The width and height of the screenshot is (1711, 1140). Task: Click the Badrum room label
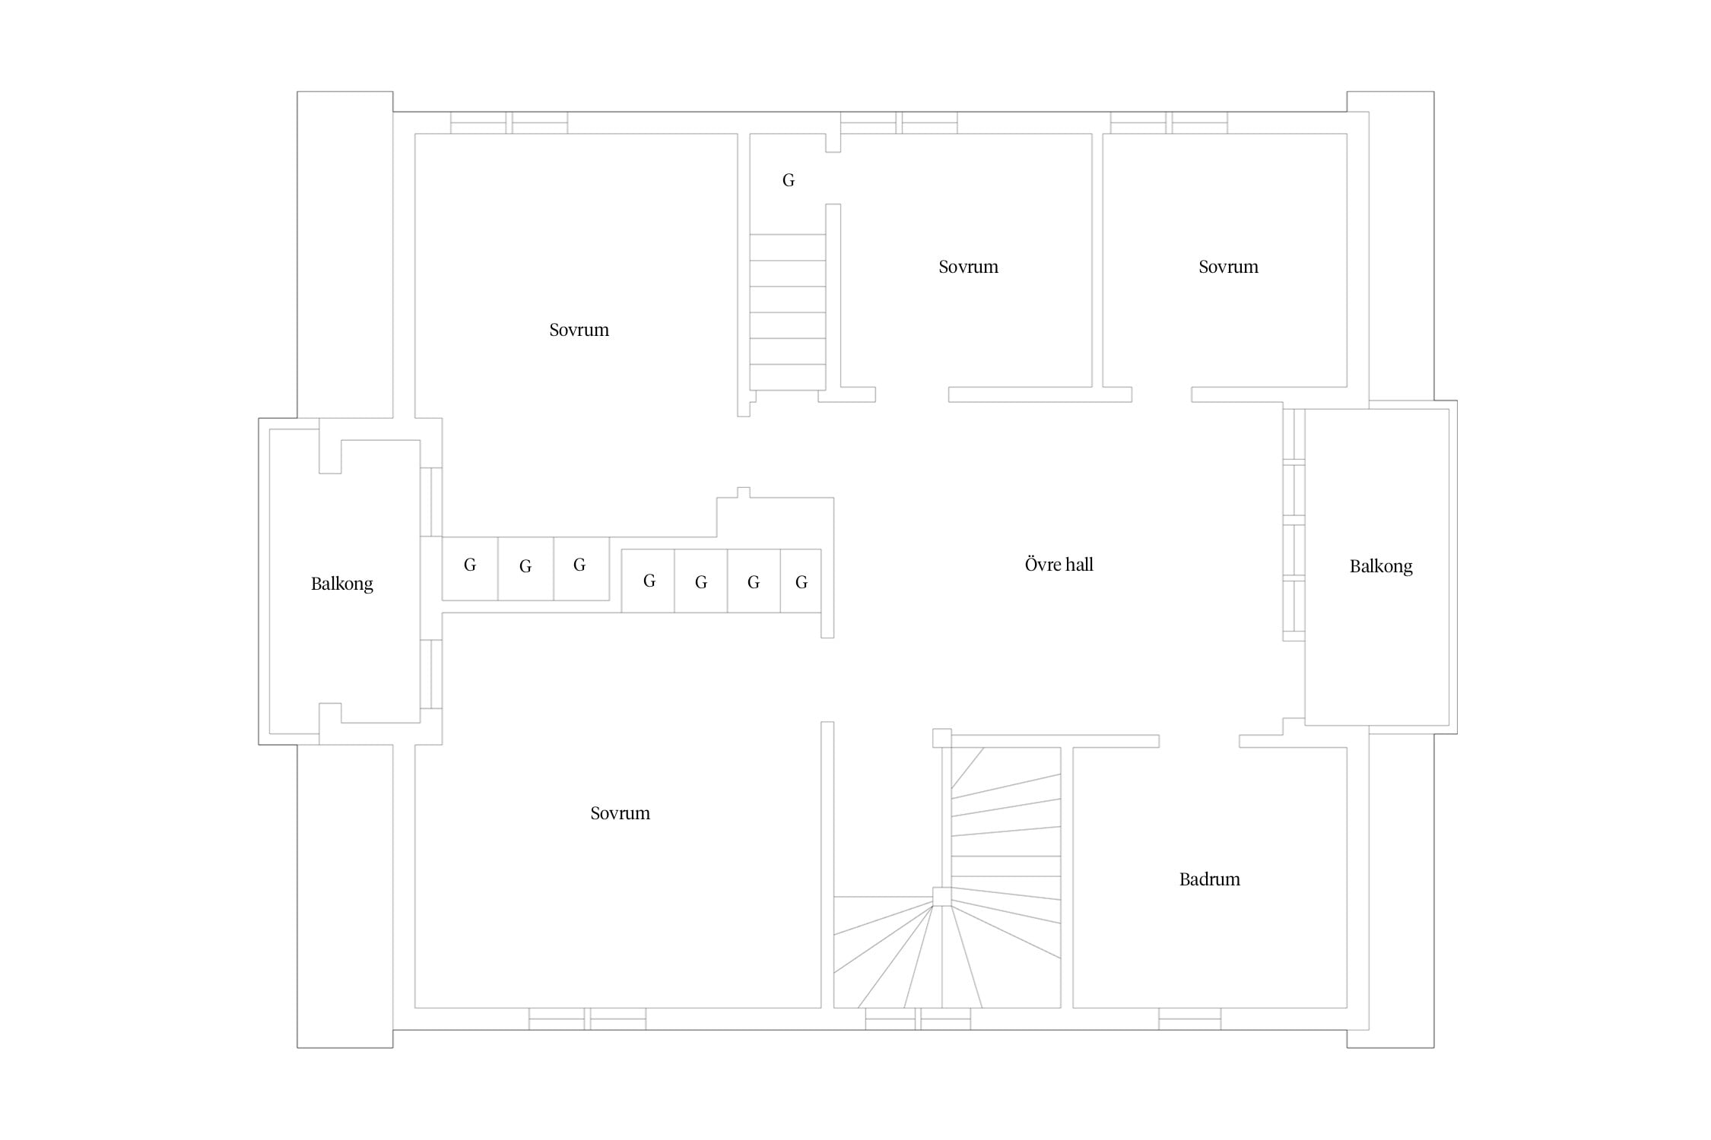(x=1209, y=879)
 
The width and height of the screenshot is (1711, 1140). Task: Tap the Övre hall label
(x=1059, y=564)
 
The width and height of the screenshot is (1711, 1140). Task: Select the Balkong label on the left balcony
(x=341, y=584)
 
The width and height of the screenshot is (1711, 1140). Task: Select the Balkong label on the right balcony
(x=1381, y=566)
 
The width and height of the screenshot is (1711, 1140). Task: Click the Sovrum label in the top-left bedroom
(x=579, y=330)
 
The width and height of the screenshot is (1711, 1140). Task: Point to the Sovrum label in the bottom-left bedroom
(x=620, y=813)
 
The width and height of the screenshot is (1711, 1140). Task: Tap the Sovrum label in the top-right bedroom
(x=1228, y=267)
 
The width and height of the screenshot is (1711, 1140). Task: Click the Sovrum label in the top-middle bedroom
(x=968, y=267)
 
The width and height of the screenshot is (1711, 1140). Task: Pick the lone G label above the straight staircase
(x=789, y=180)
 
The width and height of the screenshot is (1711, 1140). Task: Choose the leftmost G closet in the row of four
(x=648, y=581)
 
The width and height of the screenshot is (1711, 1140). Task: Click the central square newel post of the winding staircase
(x=941, y=896)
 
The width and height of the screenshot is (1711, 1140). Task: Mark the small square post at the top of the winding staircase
(x=941, y=738)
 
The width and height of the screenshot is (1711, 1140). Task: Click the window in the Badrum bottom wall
(x=1189, y=1019)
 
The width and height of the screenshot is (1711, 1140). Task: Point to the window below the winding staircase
(x=918, y=1019)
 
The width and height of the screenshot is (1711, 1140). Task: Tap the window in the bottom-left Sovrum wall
(x=587, y=1019)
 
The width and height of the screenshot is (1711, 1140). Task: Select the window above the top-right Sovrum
(x=1169, y=122)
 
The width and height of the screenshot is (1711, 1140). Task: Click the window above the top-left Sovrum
(x=509, y=122)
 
